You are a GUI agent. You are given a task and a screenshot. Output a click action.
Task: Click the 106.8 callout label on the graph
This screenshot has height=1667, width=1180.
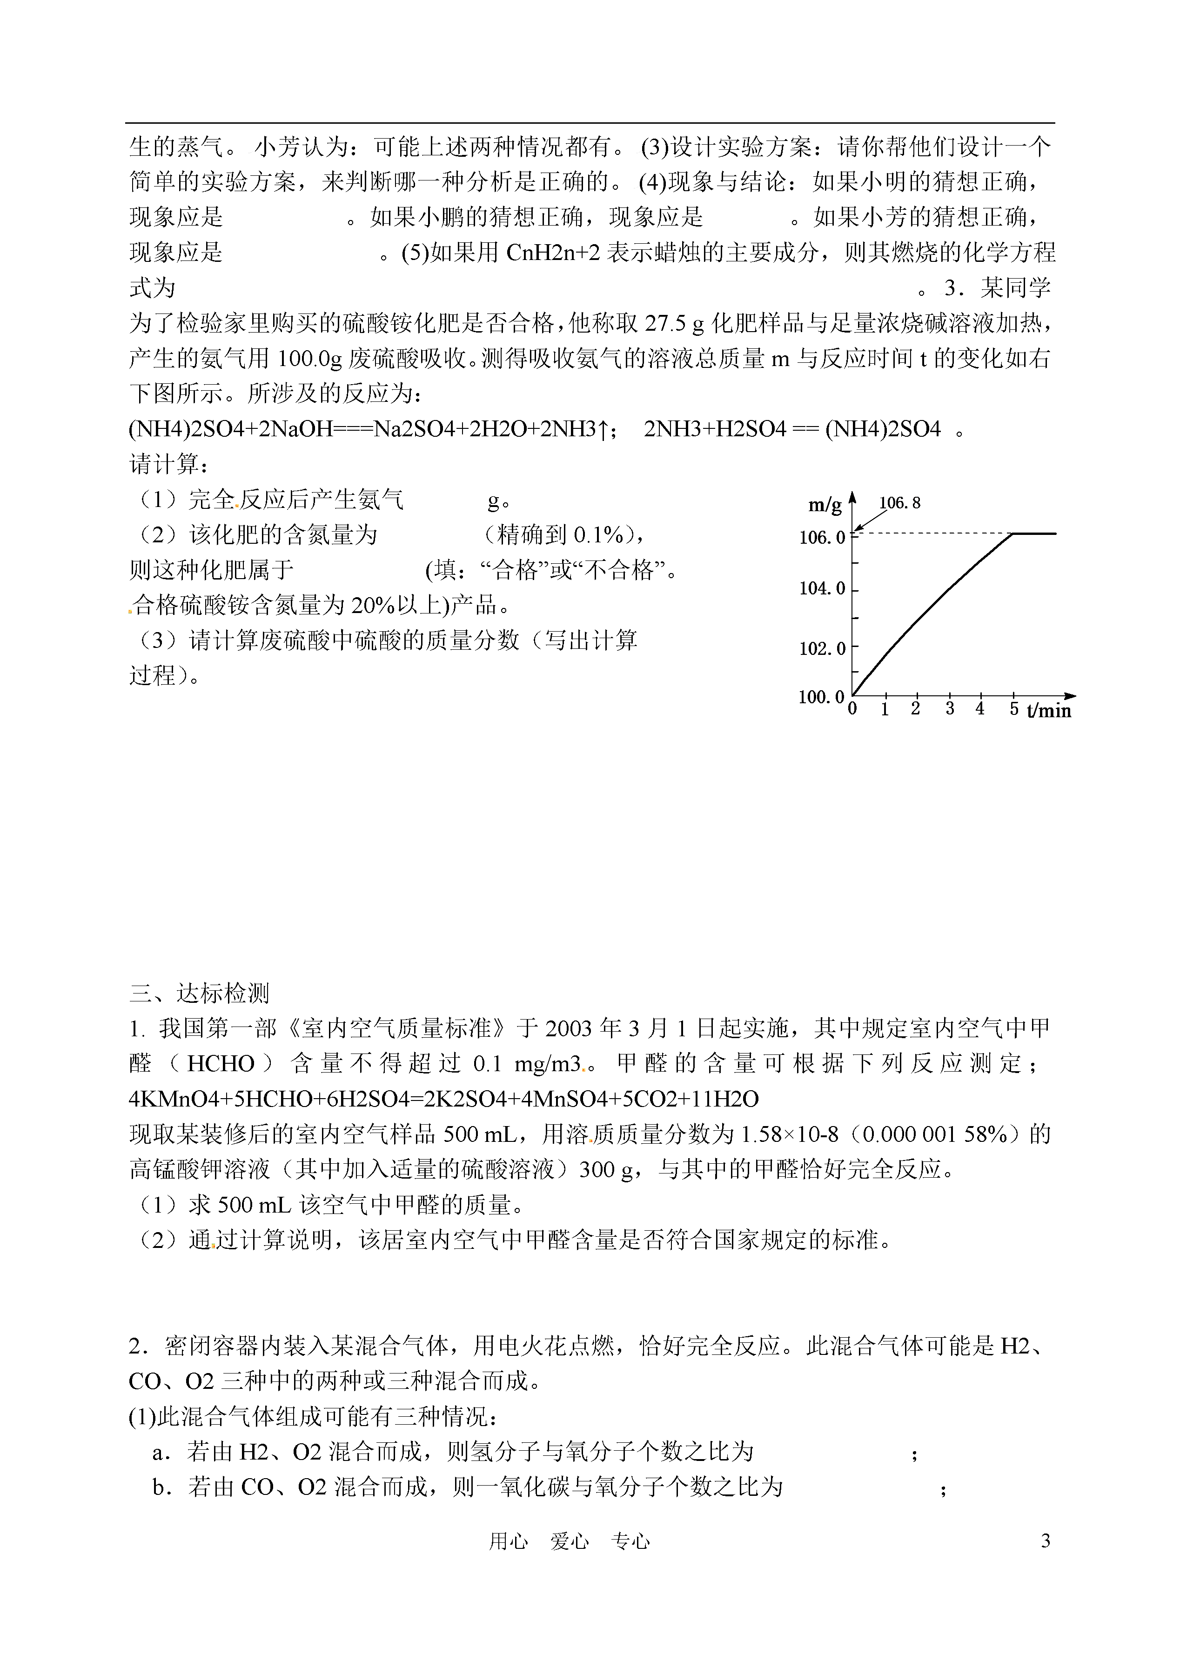(899, 503)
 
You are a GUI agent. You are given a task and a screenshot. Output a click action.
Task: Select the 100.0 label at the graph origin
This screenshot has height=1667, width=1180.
(821, 697)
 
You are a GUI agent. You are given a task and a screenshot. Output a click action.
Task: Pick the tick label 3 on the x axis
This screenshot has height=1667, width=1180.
(950, 709)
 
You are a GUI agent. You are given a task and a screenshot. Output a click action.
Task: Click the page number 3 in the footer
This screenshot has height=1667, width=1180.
(1046, 1561)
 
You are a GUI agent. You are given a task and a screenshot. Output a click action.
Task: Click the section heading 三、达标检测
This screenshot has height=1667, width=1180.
(199, 993)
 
